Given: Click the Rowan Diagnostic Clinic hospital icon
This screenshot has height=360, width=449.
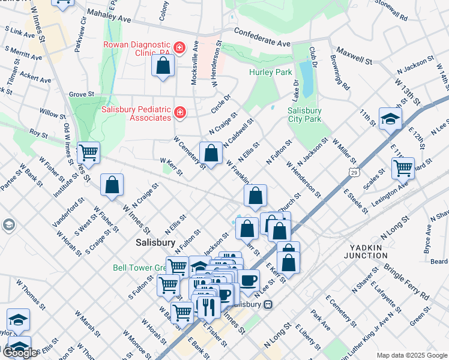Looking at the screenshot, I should coord(178,47).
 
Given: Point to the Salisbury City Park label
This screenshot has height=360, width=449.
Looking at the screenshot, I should coord(304,115).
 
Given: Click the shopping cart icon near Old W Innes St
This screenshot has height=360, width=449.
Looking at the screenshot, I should coord(89,153).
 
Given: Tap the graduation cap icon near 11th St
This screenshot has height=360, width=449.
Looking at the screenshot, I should coord(390,118).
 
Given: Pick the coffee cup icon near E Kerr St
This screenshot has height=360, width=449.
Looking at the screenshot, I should coord(249,280).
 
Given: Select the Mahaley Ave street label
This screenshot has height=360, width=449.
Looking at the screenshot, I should coord(109,14).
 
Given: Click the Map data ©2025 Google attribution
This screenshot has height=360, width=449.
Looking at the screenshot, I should coord(412,355).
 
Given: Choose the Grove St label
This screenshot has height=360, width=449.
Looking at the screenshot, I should coord(82,94).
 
